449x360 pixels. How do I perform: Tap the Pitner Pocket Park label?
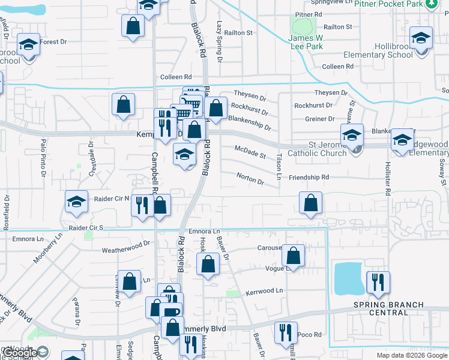(x=396, y=4)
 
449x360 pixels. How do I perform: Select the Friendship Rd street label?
(x=309, y=178)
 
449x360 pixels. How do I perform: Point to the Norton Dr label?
(x=250, y=179)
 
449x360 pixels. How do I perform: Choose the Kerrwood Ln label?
(x=264, y=291)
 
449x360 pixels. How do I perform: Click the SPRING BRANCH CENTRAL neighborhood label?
(x=388, y=308)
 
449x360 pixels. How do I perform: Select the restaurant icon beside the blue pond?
(x=378, y=283)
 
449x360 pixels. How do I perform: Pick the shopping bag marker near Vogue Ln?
(x=293, y=255)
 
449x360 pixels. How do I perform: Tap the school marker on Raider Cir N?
(x=76, y=202)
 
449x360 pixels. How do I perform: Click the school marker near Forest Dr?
(x=28, y=45)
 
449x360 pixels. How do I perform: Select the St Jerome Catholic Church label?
(x=319, y=149)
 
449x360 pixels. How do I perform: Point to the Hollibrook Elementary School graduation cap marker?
(x=422, y=39)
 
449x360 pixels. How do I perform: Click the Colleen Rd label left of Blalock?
(x=175, y=77)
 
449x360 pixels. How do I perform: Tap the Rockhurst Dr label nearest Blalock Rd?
(x=249, y=108)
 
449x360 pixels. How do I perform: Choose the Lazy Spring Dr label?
(x=220, y=42)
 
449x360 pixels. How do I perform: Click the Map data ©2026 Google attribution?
(x=412, y=355)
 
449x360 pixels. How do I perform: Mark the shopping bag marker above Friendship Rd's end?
(x=310, y=203)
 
